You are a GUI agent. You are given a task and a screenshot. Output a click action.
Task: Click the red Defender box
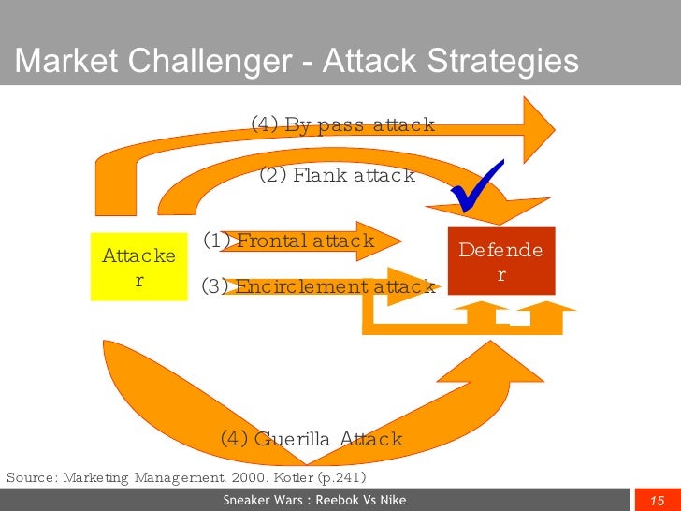point(501,261)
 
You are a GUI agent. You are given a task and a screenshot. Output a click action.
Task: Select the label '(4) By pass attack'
point(342,124)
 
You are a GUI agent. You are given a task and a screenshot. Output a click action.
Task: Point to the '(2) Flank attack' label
point(337,175)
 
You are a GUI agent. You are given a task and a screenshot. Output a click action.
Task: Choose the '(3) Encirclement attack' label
point(318,286)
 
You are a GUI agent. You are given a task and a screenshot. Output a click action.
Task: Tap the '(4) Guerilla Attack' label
point(311,438)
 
